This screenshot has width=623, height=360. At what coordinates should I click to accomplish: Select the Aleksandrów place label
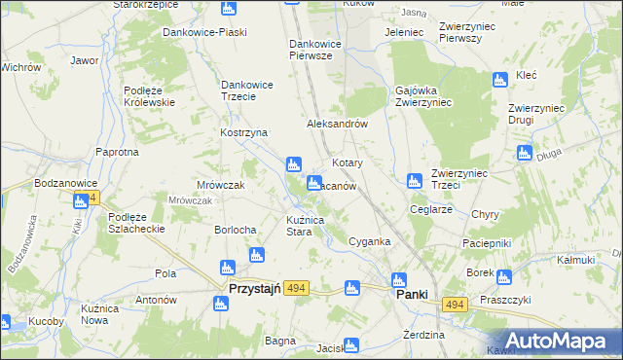(336, 125)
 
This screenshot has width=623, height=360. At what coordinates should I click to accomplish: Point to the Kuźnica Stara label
(311, 226)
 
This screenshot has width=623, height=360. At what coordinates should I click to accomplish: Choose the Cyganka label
(369, 241)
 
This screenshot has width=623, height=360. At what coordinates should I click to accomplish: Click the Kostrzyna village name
(243, 132)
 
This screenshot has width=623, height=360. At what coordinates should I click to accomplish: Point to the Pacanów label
(338, 185)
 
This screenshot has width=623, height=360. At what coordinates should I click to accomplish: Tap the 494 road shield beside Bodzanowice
(90, 198)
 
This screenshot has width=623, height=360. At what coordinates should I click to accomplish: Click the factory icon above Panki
(397, 278)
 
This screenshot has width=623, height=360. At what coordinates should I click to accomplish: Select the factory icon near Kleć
(500, 80)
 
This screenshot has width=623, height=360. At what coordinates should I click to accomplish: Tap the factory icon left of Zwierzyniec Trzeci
(413, 180)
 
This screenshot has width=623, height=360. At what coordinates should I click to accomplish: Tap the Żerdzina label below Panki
(423, 335)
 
